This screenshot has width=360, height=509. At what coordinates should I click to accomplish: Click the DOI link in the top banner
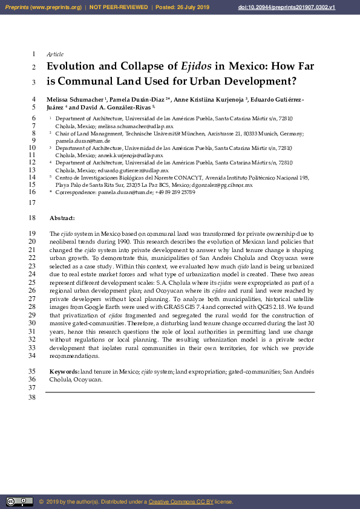tap(304, 7)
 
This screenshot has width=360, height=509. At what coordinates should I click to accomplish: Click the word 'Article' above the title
tap(55, 54)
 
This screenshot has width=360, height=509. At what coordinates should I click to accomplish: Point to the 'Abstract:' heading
tap(62, 218)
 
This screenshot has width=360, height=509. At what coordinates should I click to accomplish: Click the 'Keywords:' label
tap(64, 371)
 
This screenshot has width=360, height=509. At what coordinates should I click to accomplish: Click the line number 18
tap(33, 218)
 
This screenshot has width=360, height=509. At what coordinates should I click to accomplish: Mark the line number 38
tap(33, 397)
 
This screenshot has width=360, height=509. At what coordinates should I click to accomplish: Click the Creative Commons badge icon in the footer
tap(19, 501)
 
